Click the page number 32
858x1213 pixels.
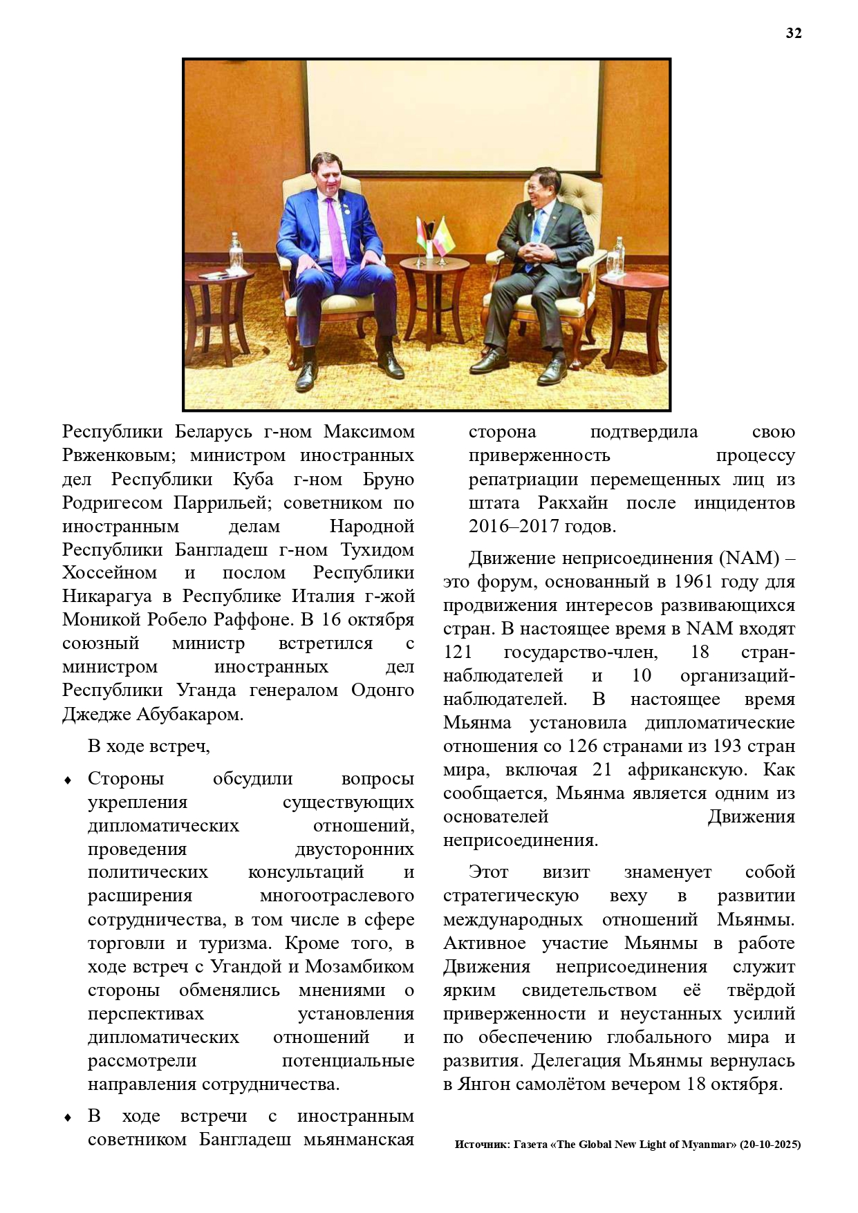click(x=793, y=34)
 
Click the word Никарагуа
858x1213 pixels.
click(x=107, y=596)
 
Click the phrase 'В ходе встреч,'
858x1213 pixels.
click(x=148, y=746)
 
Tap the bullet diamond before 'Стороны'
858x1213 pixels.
click(x=68, y=780)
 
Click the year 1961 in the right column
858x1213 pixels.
click(x=692, y=582)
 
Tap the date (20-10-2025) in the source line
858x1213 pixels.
click(x=770, y=1145)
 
